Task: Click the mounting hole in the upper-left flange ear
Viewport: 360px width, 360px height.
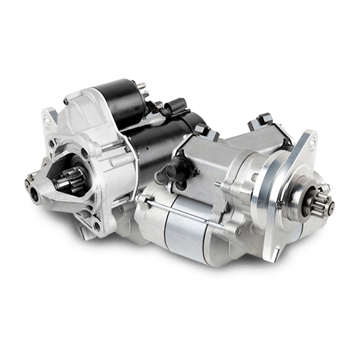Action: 50,115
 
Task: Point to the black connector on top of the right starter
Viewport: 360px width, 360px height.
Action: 261,117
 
